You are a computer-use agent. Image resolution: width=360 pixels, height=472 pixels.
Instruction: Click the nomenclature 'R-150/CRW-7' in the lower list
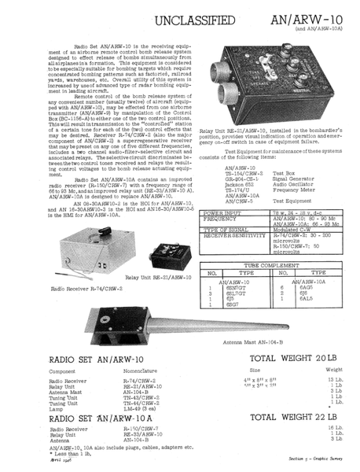(x=140, y=429)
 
